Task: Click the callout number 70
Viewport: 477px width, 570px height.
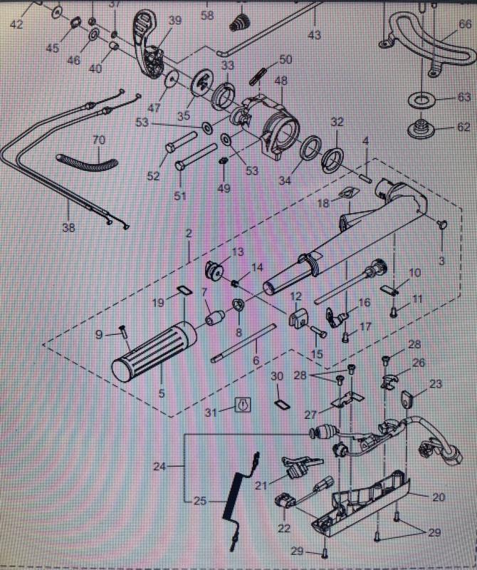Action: (98, 140)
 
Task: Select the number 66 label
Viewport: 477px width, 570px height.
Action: (465, 24)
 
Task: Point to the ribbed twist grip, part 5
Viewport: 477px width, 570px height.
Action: (157, 350)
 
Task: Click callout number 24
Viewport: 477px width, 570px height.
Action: (159, 467)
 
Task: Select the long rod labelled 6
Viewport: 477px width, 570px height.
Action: (242, 343)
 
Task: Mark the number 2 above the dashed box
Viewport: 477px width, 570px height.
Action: (189, 234)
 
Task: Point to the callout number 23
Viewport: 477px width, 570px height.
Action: (436, 384)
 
